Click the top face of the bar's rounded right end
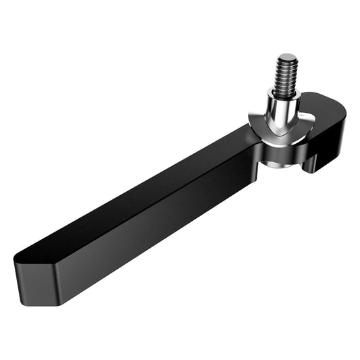(327, 105)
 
